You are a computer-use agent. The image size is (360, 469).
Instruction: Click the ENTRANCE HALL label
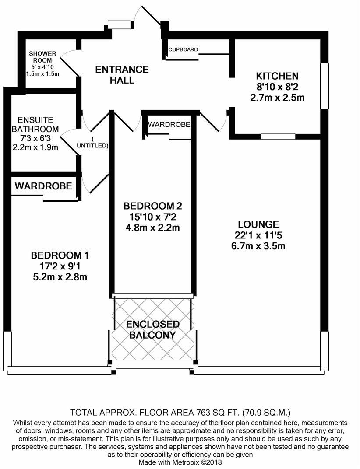122,75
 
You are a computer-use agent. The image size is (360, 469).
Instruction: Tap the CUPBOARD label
183,49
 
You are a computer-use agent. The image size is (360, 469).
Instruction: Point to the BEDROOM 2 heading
152,206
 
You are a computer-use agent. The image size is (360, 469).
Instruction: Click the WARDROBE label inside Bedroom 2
169,125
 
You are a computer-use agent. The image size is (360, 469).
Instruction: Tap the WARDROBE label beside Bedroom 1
43,186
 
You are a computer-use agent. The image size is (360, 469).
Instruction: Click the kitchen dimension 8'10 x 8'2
277,87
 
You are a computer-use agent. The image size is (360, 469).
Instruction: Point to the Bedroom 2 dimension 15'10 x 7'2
152,217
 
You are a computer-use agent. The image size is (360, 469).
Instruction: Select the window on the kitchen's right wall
324,86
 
